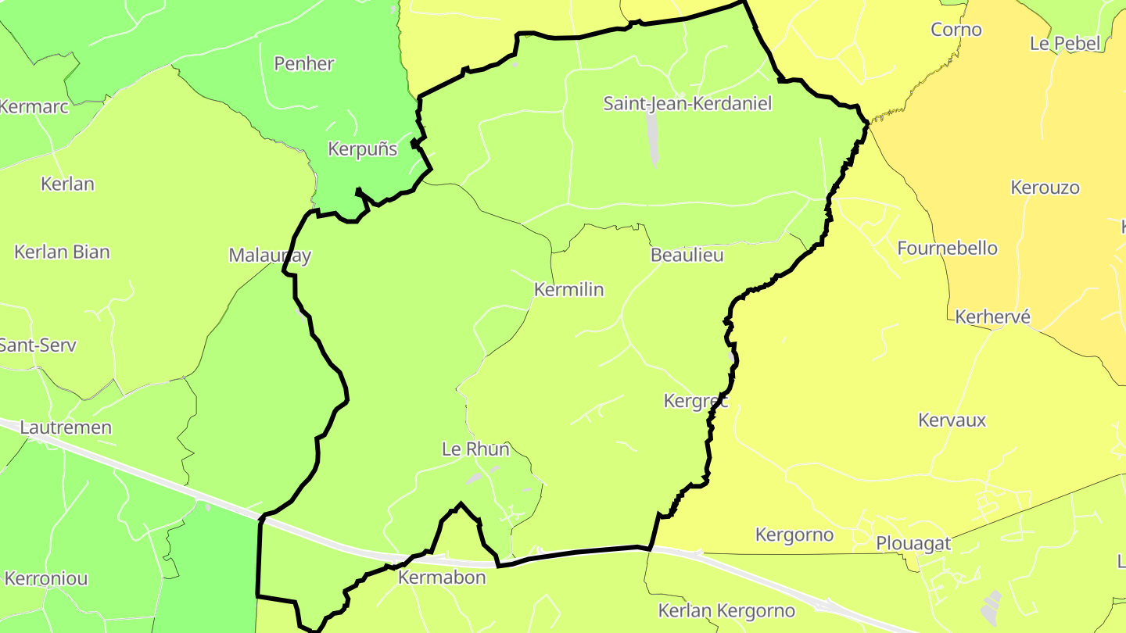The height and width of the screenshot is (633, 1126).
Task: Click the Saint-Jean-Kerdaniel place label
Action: (x=687, y=103)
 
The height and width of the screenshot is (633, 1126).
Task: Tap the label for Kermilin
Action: (x=568, y=289)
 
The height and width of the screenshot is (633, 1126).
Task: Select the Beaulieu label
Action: (x=687, y=255)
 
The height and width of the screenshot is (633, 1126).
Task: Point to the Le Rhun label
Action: (x=475, y=449)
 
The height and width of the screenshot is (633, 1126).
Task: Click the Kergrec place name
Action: (x=695, y=401)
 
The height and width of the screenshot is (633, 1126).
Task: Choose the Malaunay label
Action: (x=270, y=255)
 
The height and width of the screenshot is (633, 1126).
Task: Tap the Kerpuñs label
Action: (x=362, y=148)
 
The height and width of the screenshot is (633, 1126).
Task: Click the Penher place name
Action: (x=304, y=63)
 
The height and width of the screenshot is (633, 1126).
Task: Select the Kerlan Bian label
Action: (x=62, y=252)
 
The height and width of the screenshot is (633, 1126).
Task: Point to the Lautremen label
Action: (x=66, y=427)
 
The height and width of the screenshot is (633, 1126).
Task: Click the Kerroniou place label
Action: (x=46, y=579)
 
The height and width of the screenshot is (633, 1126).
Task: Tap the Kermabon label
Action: (x=442, y=578)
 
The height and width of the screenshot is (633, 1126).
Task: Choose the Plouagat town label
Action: (x=913, y=543)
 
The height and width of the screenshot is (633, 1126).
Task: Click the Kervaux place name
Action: (x=952, y=420)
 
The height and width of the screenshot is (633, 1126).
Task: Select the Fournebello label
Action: (x=947, y=249)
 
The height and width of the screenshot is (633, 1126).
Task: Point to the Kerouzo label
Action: (x=1045, y=188)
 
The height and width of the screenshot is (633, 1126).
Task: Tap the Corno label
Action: (x=956, y=30)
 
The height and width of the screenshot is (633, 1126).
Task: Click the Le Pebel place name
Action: (x=1064, y=43)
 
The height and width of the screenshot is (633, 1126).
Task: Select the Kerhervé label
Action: (x=992, y=316)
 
